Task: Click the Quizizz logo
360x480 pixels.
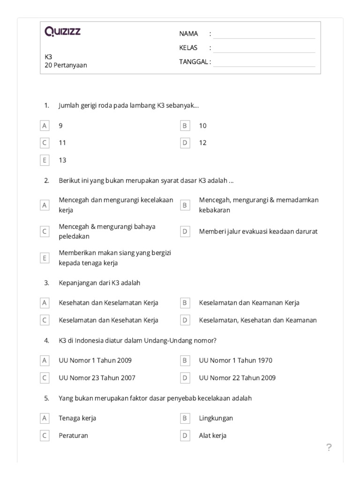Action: (63, 32)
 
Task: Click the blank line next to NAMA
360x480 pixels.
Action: (264, 34)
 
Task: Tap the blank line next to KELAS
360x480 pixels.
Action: (264, 48)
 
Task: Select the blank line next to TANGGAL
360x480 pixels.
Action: (264, 62)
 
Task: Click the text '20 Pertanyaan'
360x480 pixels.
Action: (66, 66)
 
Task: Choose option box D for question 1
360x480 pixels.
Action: (185, 143)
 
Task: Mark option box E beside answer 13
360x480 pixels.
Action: (45, 160)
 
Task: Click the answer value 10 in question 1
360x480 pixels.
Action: (202, 126)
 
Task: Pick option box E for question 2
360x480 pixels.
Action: (45, 258)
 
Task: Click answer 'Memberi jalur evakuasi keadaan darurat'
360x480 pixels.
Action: (258, 232)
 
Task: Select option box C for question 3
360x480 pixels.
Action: (45, 320)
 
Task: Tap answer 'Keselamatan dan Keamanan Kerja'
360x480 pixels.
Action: (249, 303)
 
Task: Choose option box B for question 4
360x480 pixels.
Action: (185, 360)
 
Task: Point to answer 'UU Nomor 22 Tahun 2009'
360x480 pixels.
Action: (237, 378)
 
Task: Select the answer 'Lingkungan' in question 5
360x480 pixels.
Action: (216, 418)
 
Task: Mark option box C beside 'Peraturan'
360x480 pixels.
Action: (45, 435)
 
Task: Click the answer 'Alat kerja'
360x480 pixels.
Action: (212, 435)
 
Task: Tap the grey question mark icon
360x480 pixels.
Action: (329, 448)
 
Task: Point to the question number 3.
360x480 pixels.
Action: (46, 283)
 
